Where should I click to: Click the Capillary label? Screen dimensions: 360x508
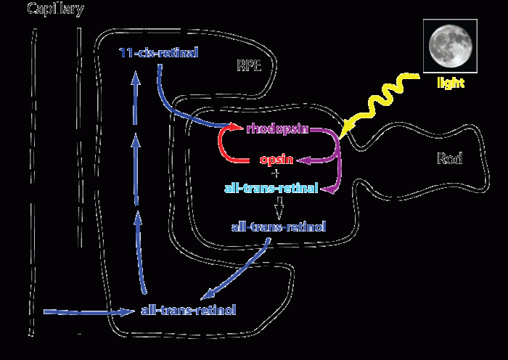pos(55,9)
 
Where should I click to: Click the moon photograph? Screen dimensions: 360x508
pos(448,45)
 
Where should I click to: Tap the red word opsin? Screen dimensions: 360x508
pos(276,160)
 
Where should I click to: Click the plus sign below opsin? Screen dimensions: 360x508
pos(275,173)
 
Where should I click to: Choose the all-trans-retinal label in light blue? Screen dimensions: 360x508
pos(271,188)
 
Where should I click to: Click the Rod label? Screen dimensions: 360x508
pos(450,158)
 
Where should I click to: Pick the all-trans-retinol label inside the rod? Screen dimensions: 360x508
pos(278,227)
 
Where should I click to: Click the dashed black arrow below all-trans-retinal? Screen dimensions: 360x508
pos(276,208)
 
